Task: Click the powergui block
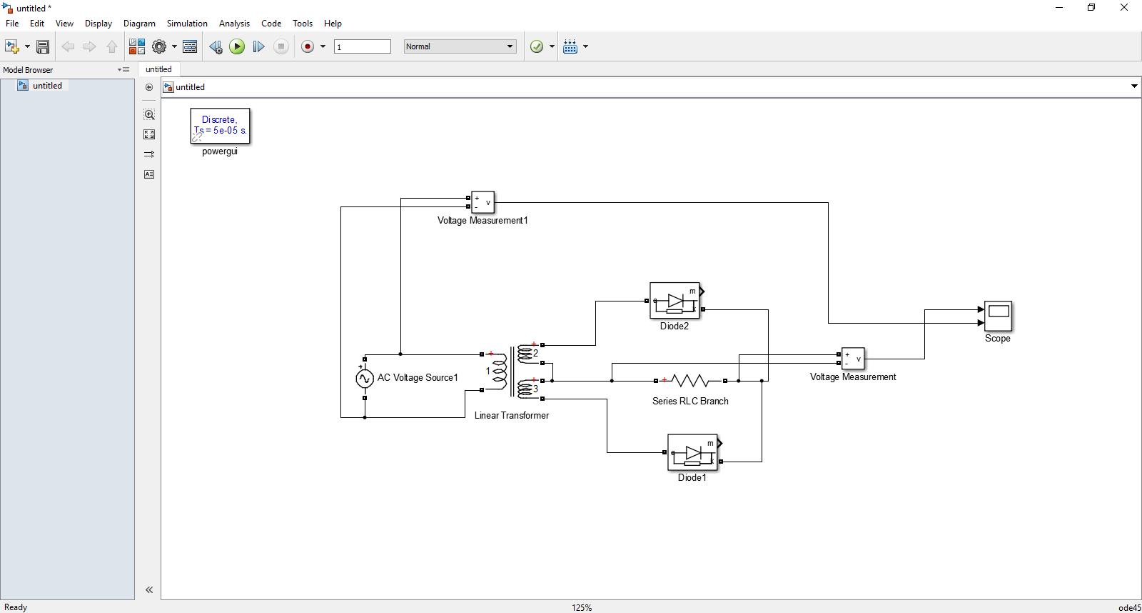[x=220, y=126]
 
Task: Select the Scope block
[x=998, y=315]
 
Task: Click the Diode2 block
[x=674, y=301]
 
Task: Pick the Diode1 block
[x=692, y=452]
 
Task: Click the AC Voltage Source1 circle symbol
[x=365, y=379]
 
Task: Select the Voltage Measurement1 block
[x=483, y=202]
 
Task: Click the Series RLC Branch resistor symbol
[x=690, y=381]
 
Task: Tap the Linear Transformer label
[x=512, y=415]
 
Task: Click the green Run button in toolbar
[x=237, y=46]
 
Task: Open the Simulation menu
[x=187, y=24]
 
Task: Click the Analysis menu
[x=234, y=24]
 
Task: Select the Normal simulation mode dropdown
[x=460, y=46]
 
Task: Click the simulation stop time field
[x=363, y=46]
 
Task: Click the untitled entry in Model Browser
[x=47, y=86]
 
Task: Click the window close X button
[x=1123, y=8]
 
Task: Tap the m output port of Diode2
[x=702, y=291]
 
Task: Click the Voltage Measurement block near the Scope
[x=853, y=359]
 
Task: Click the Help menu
[x=333, y=24]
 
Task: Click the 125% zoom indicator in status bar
[x=582, y=607]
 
